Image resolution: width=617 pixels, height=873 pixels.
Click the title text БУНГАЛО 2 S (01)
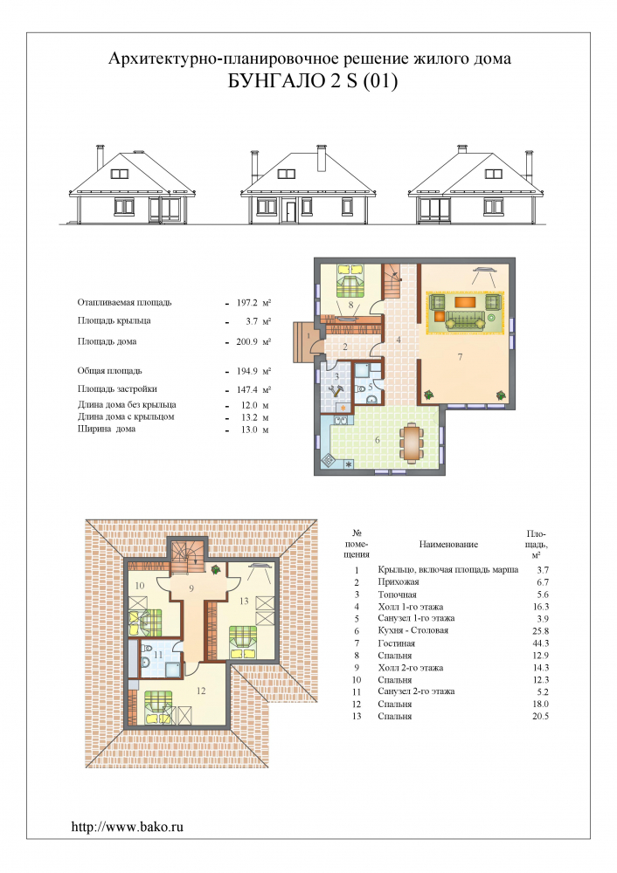point(313,81)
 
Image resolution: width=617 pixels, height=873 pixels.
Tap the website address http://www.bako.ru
point(127,826)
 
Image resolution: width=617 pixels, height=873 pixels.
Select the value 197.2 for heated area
point(247,303)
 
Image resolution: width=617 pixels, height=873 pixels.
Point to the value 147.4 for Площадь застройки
point(247,389)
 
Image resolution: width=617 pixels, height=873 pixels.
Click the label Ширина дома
point(107,429)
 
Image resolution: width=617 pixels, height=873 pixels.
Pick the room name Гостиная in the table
point(396,643)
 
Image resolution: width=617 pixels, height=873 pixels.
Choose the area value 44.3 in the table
point(541,643)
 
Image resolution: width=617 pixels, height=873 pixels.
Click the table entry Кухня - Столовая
point(413,630)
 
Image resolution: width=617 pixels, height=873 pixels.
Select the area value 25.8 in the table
point(541,631)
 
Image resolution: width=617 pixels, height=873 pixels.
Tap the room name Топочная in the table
point(397,595)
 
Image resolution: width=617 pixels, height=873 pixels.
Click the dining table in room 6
point(412,443)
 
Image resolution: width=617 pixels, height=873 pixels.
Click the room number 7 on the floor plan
point(460,357)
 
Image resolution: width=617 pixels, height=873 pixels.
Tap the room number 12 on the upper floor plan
point(201,691)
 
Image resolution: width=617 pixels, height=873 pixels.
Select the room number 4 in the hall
point(399,339)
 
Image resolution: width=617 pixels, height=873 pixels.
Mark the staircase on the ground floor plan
point(392,282)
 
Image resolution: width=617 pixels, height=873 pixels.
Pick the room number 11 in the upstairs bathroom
point(158,655)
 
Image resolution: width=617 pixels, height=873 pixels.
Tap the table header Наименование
point(448,545)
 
